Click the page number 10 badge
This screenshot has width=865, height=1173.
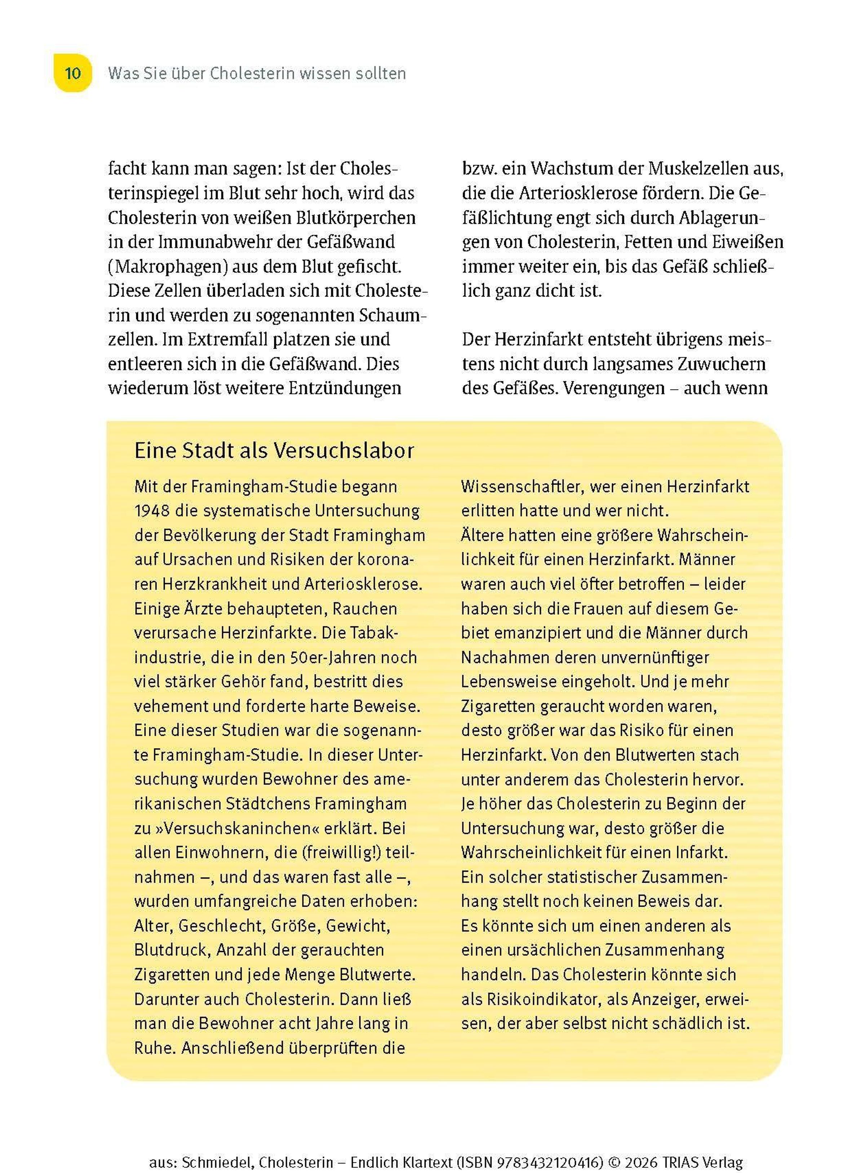[x=73, y=73]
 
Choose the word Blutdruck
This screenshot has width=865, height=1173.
[x=171, y=950]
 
